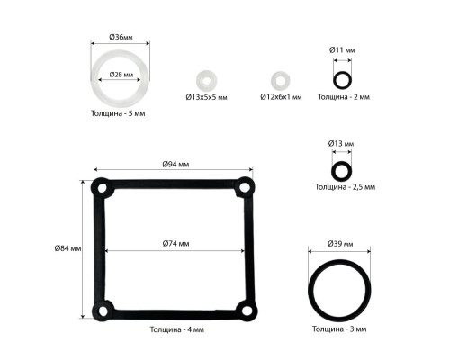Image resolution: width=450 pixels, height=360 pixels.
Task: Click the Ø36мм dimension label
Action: (x=121, y=37)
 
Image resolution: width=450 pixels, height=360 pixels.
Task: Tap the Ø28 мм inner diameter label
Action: (x=121, y=75)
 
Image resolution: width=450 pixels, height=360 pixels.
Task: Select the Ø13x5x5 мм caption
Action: (x=206, y=97)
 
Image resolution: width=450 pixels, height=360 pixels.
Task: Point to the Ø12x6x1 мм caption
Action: (x=281, y=97)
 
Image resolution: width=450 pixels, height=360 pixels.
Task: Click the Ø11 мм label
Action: (x=342, y=50)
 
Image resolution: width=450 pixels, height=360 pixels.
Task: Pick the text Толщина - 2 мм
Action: (x=344, y=97)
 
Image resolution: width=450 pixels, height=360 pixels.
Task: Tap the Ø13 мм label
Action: (x=341, y=143)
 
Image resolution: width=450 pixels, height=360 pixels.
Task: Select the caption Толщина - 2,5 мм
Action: (x=345, y=187)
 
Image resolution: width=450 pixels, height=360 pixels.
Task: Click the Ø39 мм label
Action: (x=340, y=244)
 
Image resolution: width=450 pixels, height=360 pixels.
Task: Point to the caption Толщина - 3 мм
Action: (x=339, y=329)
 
